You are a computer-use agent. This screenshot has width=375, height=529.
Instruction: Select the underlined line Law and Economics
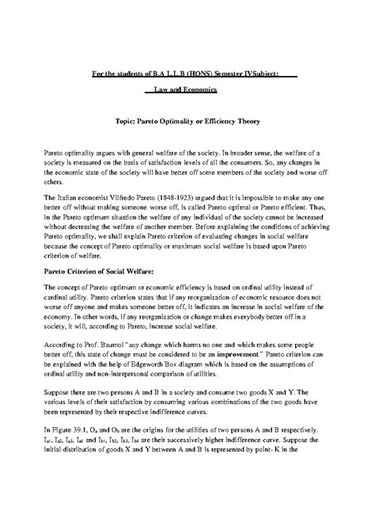click(x=187, y=91)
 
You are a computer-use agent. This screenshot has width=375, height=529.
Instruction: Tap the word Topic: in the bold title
click(x=129, y=123)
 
